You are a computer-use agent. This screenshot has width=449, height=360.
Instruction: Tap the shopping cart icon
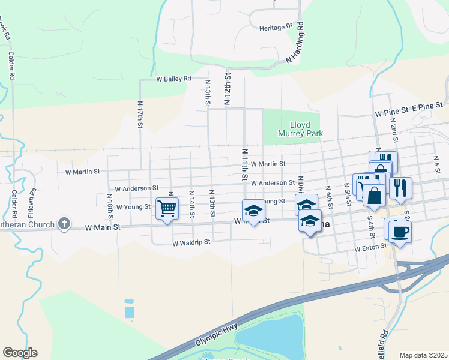point(167,209)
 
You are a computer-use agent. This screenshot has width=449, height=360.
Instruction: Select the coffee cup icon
point(399,231)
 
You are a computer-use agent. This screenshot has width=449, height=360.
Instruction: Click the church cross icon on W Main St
point(64,224)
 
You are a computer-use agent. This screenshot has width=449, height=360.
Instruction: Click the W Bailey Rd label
point(173,79)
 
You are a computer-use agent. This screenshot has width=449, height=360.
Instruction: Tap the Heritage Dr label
point(275,28)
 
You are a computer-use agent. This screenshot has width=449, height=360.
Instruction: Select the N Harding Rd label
point(295,43)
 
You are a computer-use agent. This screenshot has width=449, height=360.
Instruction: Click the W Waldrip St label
point(191,243)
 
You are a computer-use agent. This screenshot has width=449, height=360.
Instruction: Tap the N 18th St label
point(110,205)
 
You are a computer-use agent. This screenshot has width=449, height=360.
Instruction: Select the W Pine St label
point(391,112)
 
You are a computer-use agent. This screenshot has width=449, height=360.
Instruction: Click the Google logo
point(20,353)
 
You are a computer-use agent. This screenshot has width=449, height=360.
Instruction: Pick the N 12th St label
point(228,90)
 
